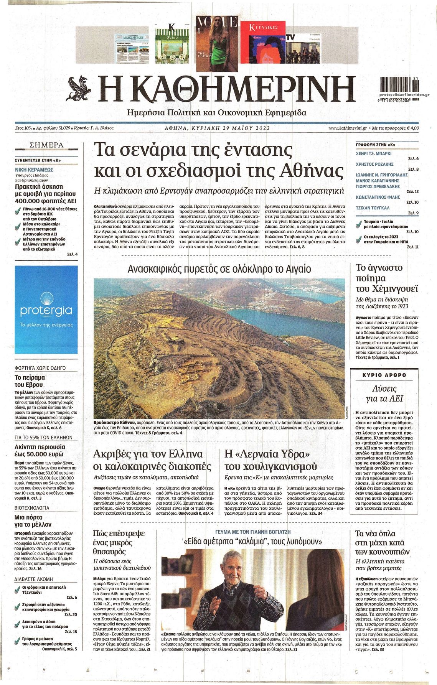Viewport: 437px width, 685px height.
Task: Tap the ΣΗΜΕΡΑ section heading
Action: (46, 145)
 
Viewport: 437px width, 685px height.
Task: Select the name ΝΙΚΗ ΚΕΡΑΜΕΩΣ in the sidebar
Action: (34, 169)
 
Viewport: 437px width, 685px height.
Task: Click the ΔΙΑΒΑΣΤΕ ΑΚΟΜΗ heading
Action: (34, 579)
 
